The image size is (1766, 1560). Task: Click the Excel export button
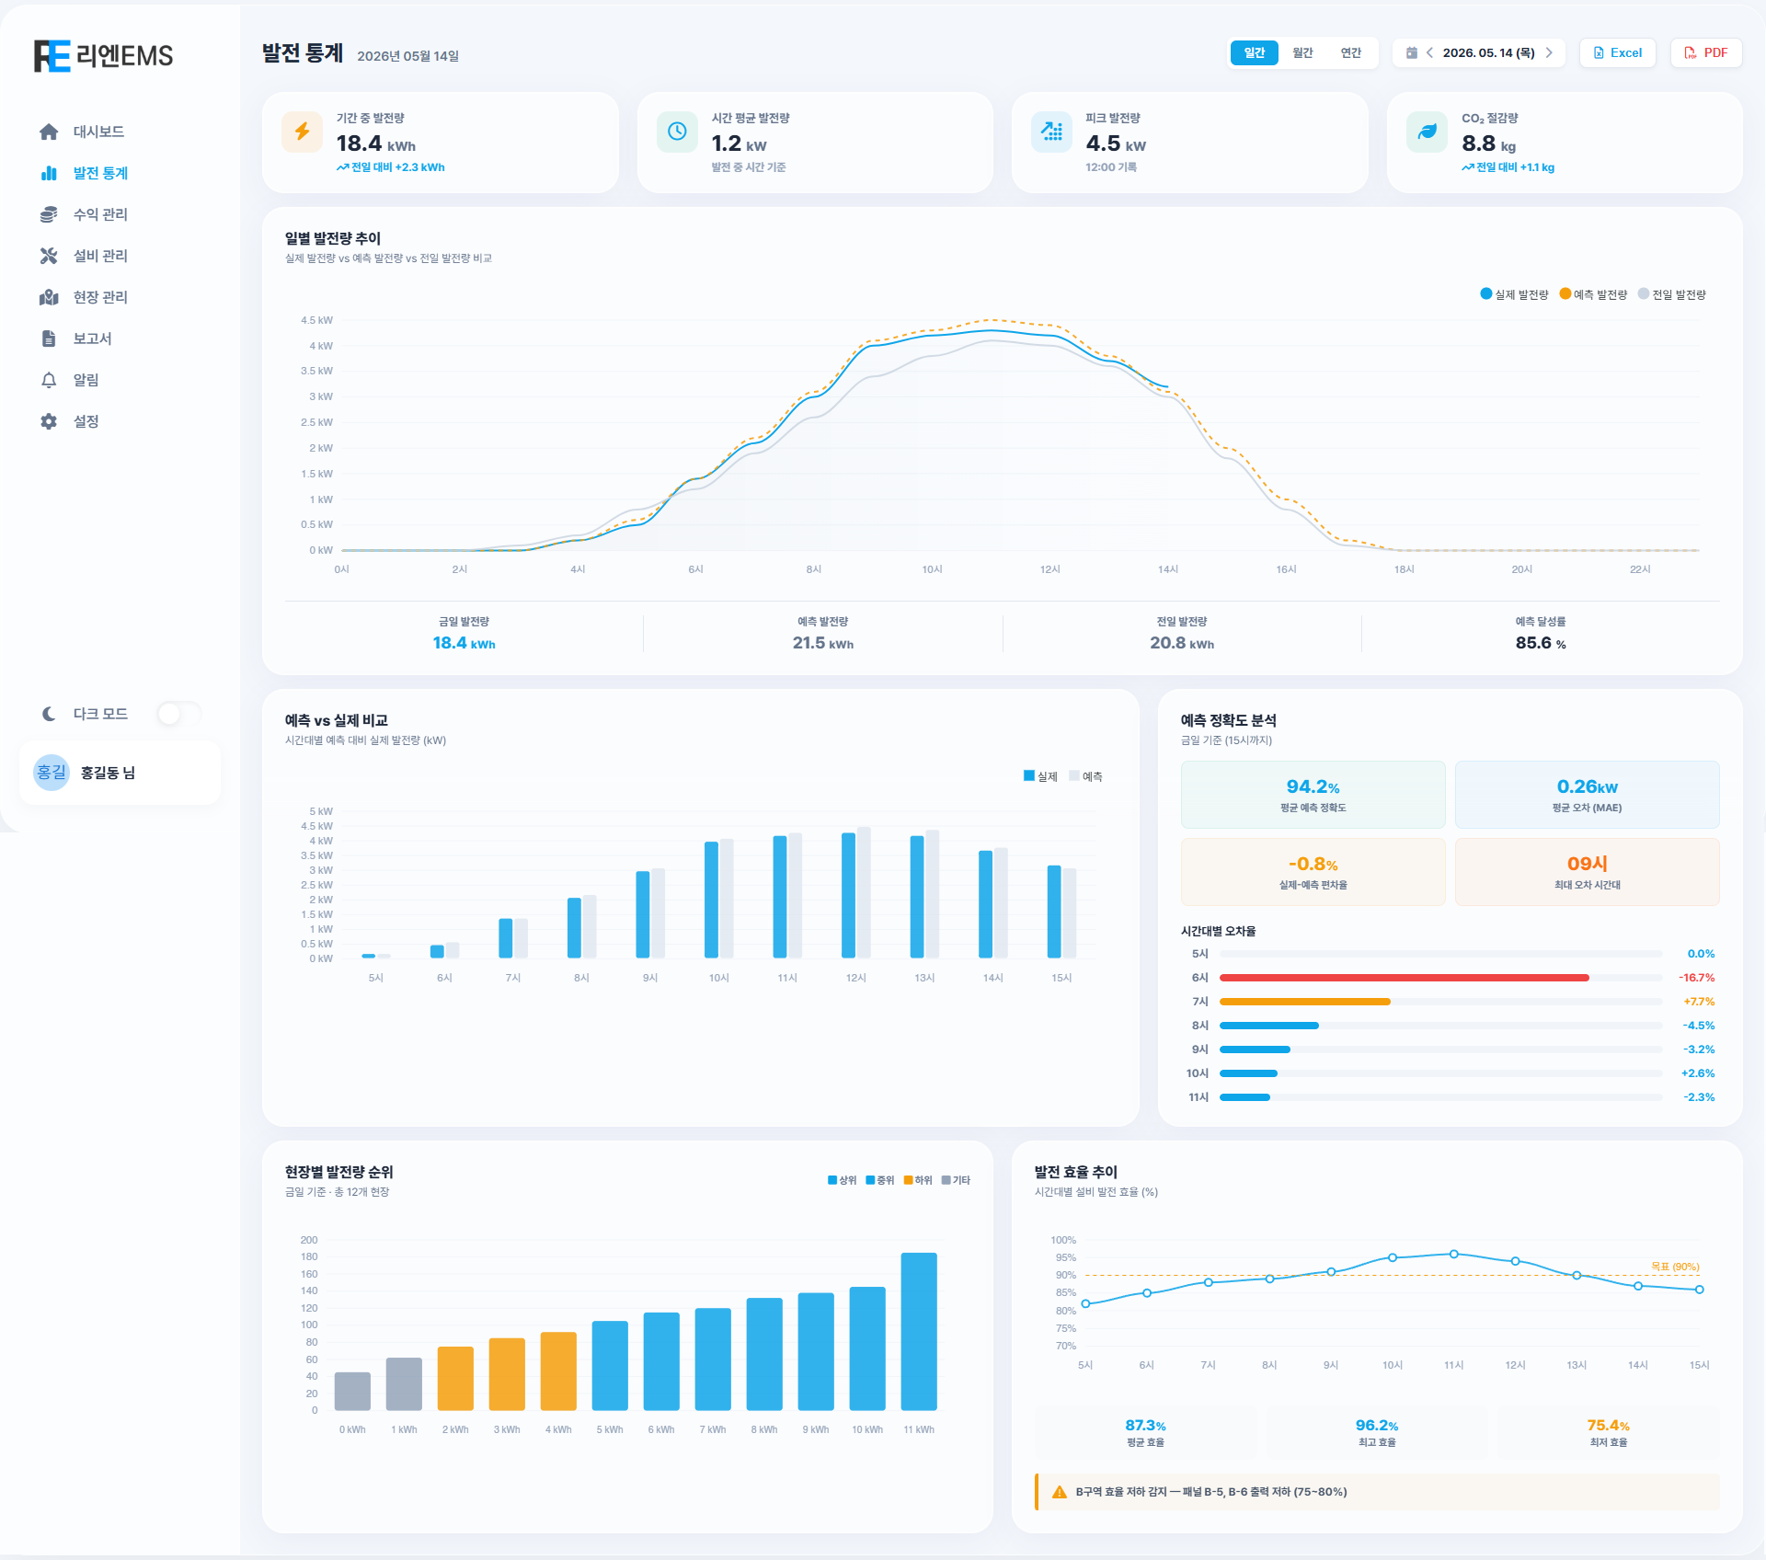point(1617,52)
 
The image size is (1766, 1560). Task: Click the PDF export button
point(1705,52)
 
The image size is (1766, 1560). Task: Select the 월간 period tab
point(1302,52)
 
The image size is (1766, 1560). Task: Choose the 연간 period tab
point(1350,52)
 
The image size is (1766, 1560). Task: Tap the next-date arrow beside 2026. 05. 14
point(1549,52)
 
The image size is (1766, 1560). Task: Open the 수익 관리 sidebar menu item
point(100,214)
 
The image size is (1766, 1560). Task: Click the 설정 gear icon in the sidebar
point(49,421)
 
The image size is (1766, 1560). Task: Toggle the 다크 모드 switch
point(178,714)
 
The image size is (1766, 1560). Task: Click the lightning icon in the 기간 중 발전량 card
point(302,132)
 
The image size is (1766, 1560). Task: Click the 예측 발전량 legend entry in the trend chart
point(1593,294)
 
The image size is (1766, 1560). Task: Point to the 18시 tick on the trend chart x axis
point(1404,569)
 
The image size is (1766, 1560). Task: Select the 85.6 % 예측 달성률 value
point(1541,643)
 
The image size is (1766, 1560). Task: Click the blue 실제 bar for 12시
point(848,895)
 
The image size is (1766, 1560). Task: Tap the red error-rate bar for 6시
point(1404,978)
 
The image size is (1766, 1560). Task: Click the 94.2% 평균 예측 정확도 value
point(1313,786)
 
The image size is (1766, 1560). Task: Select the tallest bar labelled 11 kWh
point(919,1331)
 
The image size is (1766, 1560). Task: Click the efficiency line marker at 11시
point(1453,1254)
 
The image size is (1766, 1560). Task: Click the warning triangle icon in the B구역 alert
point(1060,1492)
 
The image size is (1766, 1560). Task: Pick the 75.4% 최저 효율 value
point(1608,1426)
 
